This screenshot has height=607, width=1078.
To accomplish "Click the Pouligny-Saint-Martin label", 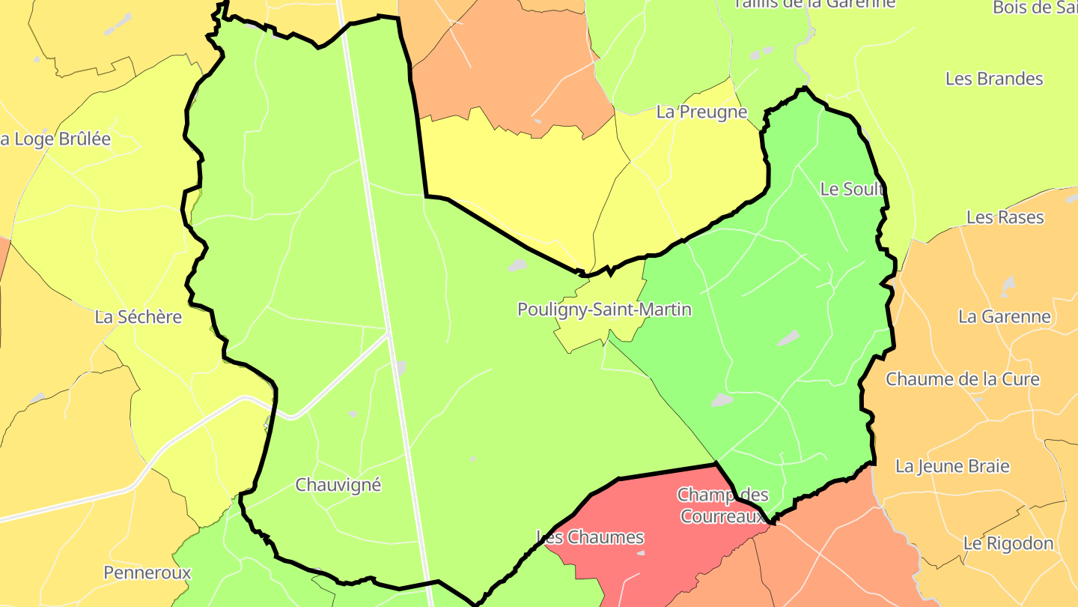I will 604,309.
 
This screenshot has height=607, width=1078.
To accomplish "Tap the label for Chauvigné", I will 338,485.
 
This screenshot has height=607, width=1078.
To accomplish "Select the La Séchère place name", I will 138,317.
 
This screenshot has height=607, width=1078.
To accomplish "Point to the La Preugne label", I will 701,112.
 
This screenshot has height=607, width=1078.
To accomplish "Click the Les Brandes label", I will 994,79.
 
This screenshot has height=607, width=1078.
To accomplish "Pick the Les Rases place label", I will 1005,217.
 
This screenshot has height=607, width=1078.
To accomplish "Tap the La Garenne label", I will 1005,317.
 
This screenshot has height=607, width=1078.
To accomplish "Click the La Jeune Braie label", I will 952,466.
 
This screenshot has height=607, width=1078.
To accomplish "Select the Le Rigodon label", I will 1008,543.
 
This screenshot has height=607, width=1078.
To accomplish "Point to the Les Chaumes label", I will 590,537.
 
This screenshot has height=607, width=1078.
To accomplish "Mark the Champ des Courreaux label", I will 722,506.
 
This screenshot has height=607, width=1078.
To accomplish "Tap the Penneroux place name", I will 147,573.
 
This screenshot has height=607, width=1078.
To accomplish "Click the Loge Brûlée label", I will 55,139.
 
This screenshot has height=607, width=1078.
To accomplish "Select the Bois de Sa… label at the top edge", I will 1035,7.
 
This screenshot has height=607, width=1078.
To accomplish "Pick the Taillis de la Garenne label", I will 814,4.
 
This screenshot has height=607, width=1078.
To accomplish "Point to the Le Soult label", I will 852,189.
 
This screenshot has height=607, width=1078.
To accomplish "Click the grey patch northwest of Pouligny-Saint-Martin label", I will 517,265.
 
